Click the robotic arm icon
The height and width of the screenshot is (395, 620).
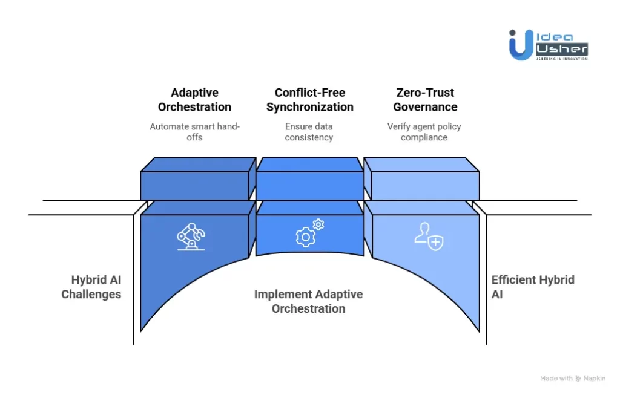tap(191, 237)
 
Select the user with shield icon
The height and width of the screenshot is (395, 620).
tap(429, 235)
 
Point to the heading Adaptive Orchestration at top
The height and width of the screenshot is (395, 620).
tap(194, 100)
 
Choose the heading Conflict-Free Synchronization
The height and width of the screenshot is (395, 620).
tap(309, 100)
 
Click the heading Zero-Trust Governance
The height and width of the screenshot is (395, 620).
tap(425, 100)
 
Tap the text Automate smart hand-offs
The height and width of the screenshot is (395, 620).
tap(194, 132)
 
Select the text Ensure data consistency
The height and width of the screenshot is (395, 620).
tap(309, 132)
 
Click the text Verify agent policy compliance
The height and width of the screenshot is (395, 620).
tap(425, 132)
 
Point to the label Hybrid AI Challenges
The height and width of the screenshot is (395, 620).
tap(91, 287)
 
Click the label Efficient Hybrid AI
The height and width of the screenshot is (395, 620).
tap(532, 287)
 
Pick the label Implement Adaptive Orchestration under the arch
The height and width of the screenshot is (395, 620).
tap(308, 301)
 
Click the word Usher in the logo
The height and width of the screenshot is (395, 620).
tap(562, 48)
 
